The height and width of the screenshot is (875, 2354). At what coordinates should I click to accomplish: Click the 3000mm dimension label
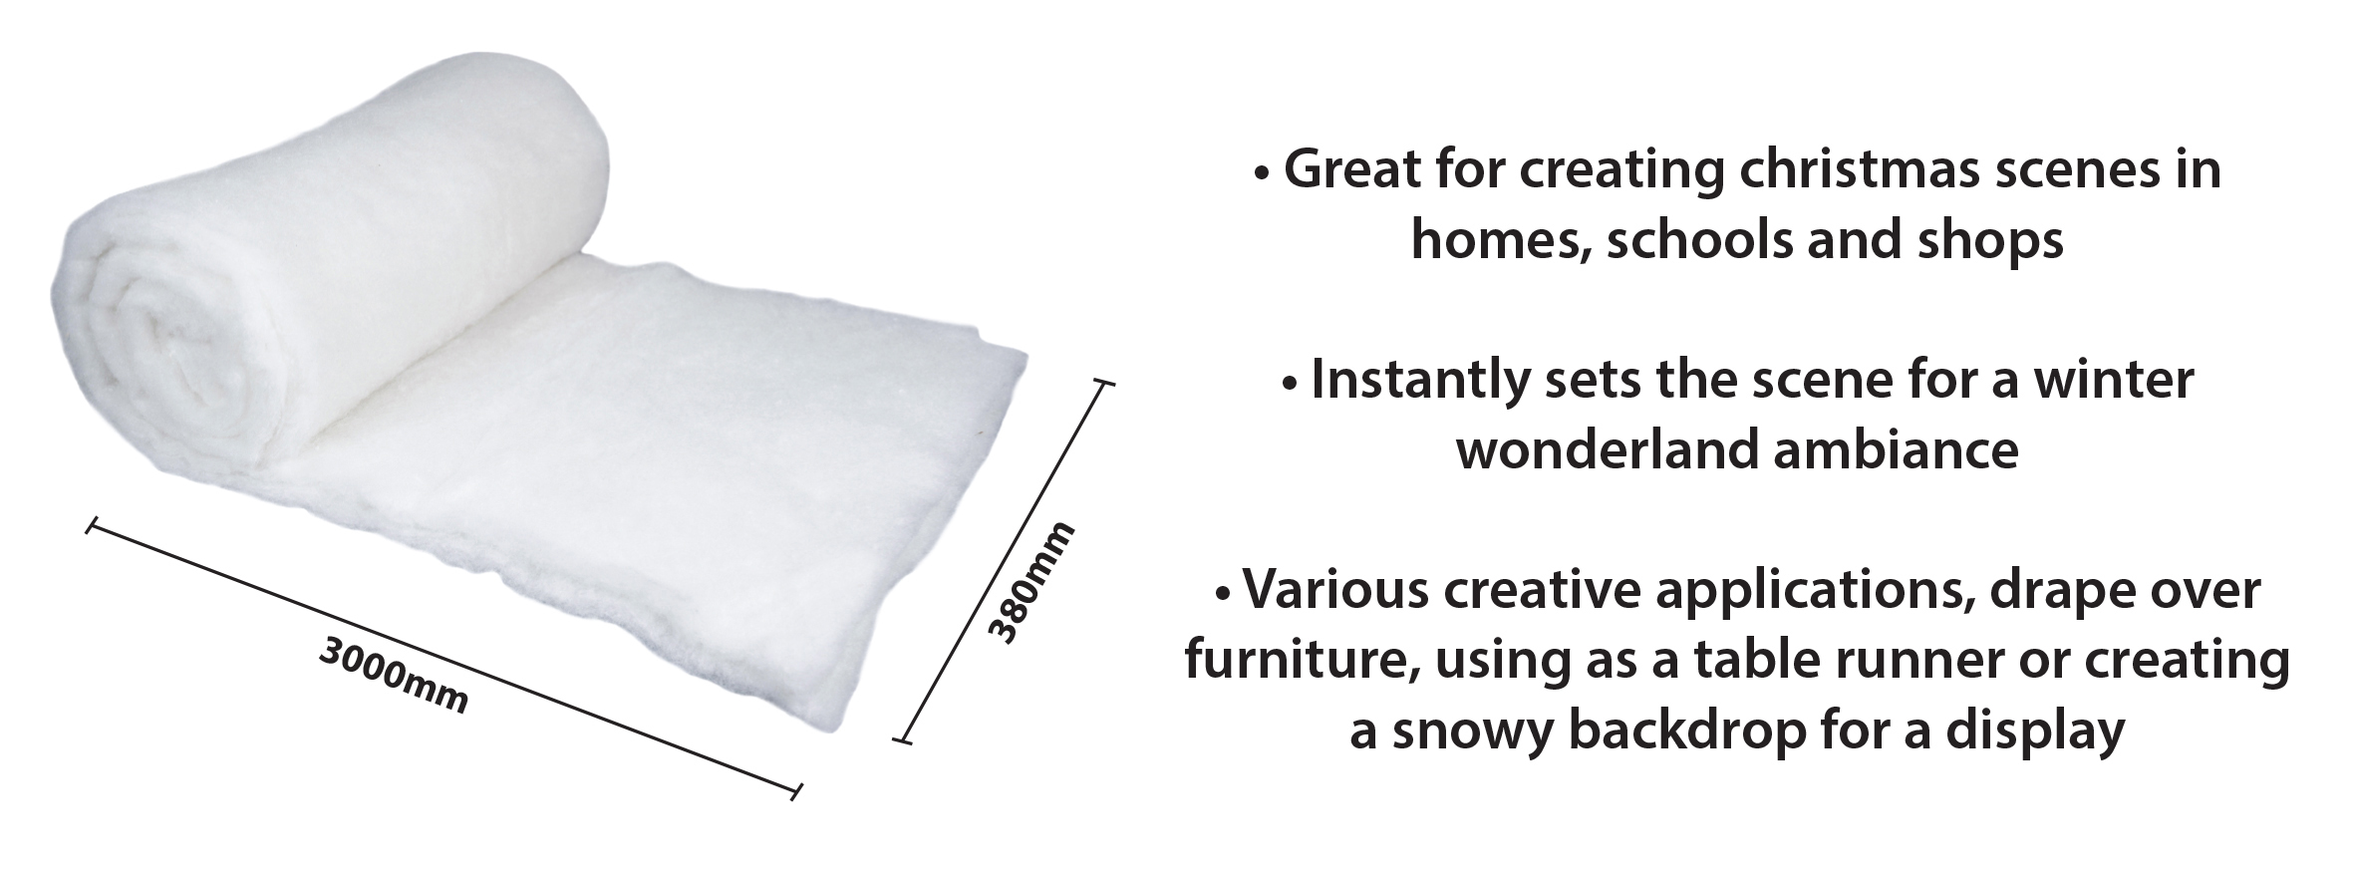point(394,675)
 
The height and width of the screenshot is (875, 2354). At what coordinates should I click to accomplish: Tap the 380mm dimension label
point(1031,582)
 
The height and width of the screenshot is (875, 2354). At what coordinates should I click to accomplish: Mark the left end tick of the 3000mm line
point(91,526)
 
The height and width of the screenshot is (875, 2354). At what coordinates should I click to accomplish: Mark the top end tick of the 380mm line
point(1103,382)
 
